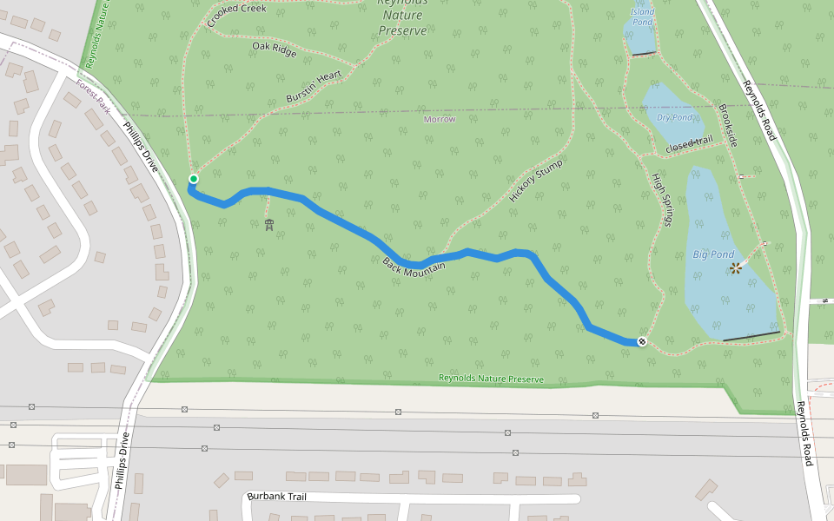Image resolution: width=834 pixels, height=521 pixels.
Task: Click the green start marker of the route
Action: [194, 180]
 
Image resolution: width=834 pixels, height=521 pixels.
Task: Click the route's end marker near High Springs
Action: [642, 341]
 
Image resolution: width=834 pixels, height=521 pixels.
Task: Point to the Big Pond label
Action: [713, 254]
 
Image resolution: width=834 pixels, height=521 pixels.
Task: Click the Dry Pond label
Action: [675, 117]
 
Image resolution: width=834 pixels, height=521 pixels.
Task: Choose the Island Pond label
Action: [642, 16]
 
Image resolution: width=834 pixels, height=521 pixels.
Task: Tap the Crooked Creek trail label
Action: [236, 14]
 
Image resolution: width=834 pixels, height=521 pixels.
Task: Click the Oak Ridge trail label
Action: [275, 49]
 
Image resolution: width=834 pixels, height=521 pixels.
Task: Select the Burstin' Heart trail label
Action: [314, 88]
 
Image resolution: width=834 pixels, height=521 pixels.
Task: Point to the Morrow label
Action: [440, 119]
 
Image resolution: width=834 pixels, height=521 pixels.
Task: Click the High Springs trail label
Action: [662, 199]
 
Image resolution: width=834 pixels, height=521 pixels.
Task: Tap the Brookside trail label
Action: [727, 125]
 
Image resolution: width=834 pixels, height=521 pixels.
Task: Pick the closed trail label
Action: [689, 145]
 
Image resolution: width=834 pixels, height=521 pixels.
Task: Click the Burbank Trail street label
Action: [277, 497]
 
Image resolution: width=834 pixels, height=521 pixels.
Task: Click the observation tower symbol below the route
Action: [269, 226]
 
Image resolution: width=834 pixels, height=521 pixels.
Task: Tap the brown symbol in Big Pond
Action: [736, 268]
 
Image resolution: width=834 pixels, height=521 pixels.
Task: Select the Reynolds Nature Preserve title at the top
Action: [402, 17]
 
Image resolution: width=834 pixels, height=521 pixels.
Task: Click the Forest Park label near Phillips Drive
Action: [93, 96]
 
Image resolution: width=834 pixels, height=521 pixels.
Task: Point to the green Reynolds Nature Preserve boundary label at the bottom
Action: [491, 379]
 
